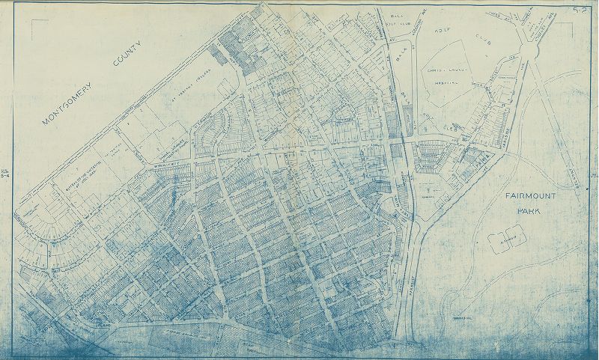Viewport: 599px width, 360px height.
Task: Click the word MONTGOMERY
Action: pos(66,107)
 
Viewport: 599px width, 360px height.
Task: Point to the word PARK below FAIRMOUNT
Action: pos(529,211)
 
